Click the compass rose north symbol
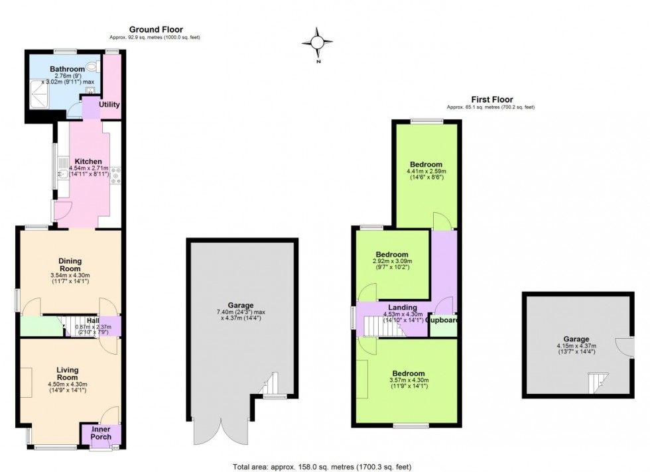(x=317, y=44)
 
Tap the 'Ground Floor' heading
(x=156, y=29)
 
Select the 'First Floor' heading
(x=490, y=99)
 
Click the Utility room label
(x=109, y=105)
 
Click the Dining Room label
(x=69, y=264)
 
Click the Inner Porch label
(x=101, y=432)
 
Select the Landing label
(x=403, y=308)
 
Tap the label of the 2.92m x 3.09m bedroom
(x=391, y=255)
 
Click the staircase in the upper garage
(x=596, y=383)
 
